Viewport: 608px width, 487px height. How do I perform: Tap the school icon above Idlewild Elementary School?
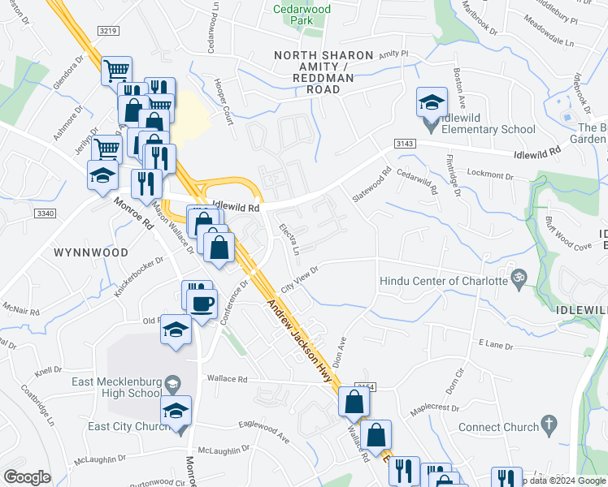point(432,102)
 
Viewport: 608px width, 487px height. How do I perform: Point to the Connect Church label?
point(498,427)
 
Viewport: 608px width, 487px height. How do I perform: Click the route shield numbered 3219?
point(108,31)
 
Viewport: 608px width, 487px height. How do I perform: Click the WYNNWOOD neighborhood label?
point(91,252)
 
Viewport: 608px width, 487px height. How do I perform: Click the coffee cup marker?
point(202,304)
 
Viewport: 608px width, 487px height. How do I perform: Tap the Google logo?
point(27,477)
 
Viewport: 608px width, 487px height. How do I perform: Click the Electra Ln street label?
point(290,238)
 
